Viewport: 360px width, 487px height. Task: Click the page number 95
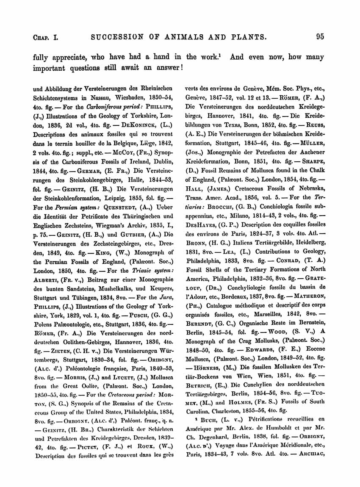[320, 36]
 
